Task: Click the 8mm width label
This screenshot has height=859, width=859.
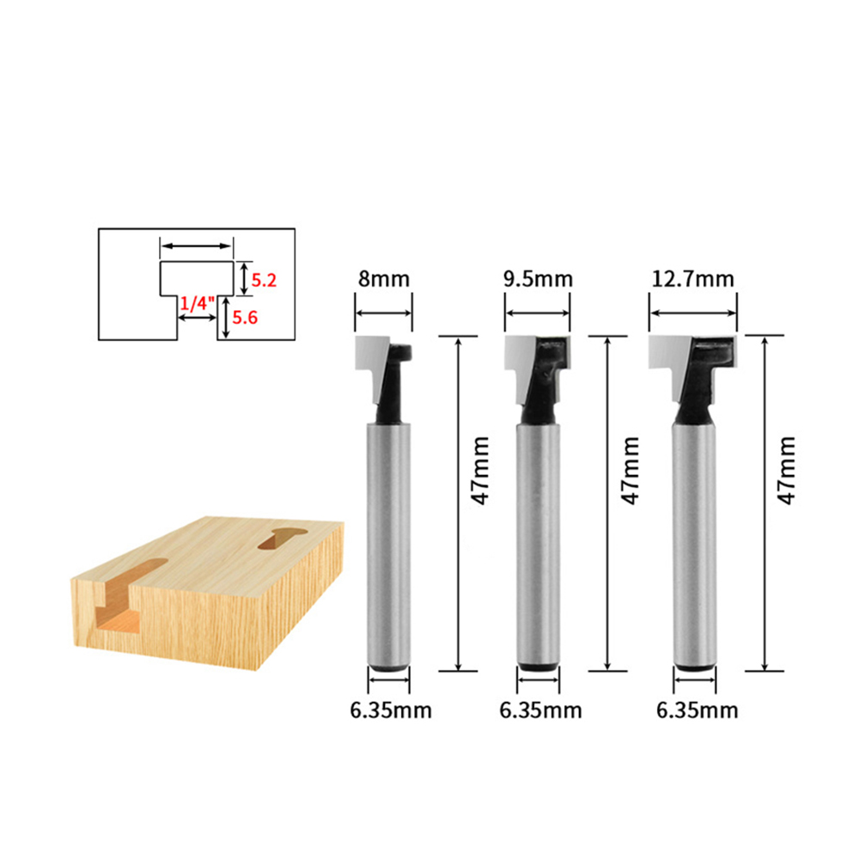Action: point(383,279)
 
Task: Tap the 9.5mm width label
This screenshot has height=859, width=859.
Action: point(538,279)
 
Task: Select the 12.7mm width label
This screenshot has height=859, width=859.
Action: point(693,279)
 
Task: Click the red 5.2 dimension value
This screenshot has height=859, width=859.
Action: point(264,281)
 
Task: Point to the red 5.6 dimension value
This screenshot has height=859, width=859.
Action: point(245,318)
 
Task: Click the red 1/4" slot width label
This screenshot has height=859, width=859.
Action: point(198,303)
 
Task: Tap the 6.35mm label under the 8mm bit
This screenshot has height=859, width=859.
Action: point(391,710)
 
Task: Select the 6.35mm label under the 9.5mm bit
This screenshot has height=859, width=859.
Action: point(540,710)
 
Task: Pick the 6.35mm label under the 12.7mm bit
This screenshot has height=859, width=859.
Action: point(698,710)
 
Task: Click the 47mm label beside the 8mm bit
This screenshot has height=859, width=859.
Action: point(480,470)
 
